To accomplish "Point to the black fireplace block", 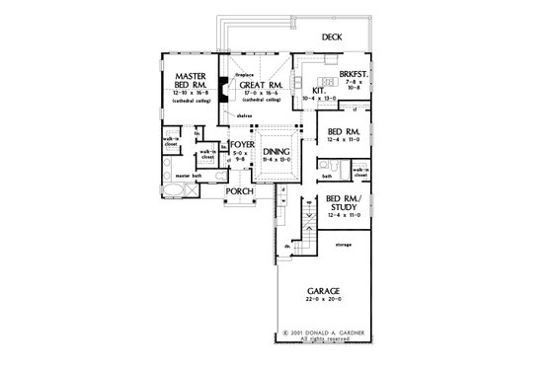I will point(225,88).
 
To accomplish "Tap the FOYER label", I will point(243,145).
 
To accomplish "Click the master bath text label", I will point(190,176).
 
